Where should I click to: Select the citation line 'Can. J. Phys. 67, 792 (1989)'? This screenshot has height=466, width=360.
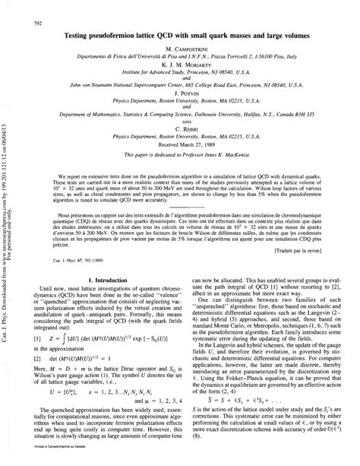(60, 258)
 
